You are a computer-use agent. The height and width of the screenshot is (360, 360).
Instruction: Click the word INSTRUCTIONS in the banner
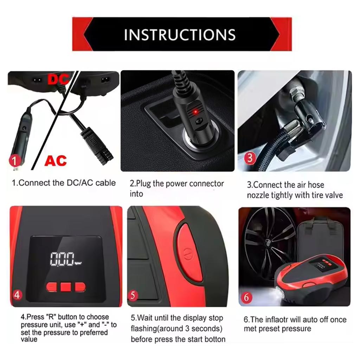(x=180, y=34)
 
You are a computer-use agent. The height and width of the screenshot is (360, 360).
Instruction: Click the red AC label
(x=56, y=160)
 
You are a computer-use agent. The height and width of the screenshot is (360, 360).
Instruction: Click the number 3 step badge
(x=250, y=157)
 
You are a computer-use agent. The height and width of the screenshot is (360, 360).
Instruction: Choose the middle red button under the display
(x=66, y=287)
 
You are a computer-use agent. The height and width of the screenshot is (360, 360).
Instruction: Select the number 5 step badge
(x=133, y=295)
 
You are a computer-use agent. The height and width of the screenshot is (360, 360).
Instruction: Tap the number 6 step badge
(x=247, y=297)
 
